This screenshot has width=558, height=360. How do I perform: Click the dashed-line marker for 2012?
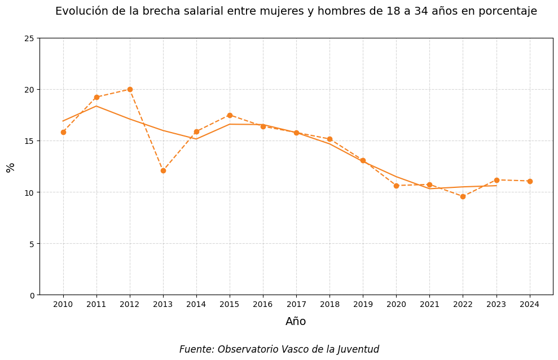click(130, 89)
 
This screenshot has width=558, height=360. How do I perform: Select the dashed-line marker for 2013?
click(163, 170)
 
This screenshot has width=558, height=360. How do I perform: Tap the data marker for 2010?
click(63, 132)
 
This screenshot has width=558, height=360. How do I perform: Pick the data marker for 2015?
click(230, 115)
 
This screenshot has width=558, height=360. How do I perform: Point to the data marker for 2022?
click(463, 196)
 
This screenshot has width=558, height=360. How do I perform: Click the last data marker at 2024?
click(530, 181)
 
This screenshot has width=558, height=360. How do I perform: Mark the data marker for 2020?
click(396, 186)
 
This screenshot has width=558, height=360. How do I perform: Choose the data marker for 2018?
click(329, 139)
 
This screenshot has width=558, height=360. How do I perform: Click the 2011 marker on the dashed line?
click(96, 97)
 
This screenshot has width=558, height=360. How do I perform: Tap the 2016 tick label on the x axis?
click(263, 305)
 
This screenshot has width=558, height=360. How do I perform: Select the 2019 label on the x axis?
click(363, 305)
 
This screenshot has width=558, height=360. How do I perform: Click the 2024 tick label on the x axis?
click(530, 305)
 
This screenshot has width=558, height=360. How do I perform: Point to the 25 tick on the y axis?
click(29, 38)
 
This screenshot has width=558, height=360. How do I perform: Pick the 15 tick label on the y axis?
click(29, 141)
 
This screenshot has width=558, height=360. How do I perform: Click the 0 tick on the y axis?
click(32, 295)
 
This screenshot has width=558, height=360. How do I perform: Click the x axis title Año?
click(296, 322)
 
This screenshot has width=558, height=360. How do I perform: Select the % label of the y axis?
click(10, 168)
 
